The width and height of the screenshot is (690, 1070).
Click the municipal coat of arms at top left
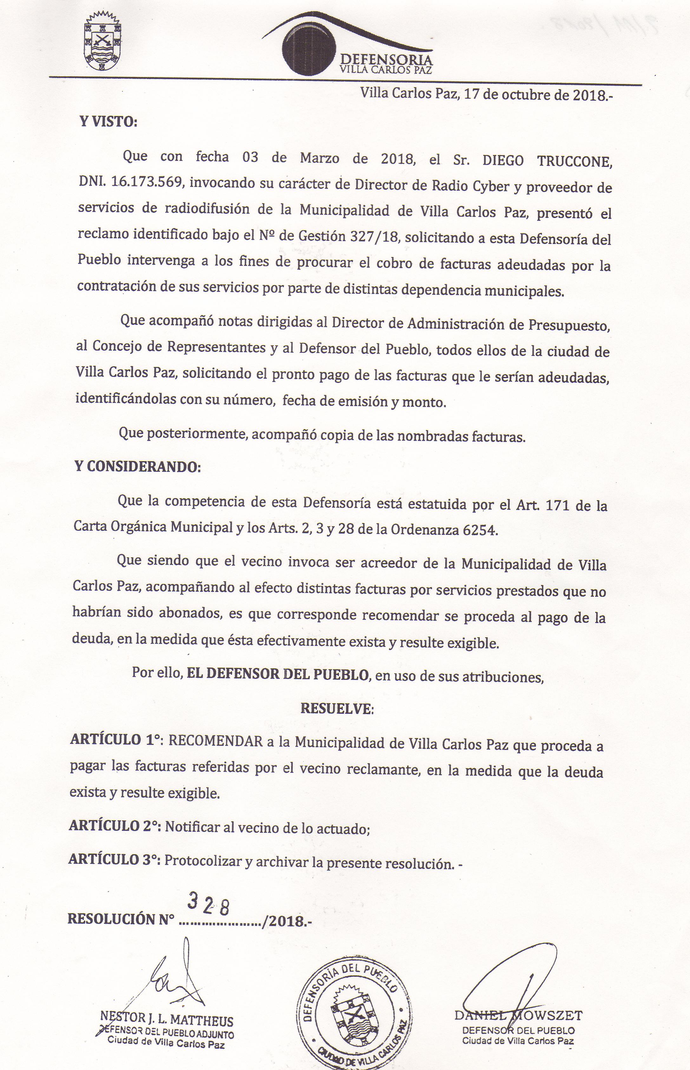coord(102,42)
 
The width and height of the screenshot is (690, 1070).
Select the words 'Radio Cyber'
coord(470,186)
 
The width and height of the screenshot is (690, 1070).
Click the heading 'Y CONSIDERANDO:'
coord(138,467)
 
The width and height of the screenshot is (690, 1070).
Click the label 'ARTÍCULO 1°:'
coord(116,740)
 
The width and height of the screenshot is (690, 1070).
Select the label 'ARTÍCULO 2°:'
coord(115,825)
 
